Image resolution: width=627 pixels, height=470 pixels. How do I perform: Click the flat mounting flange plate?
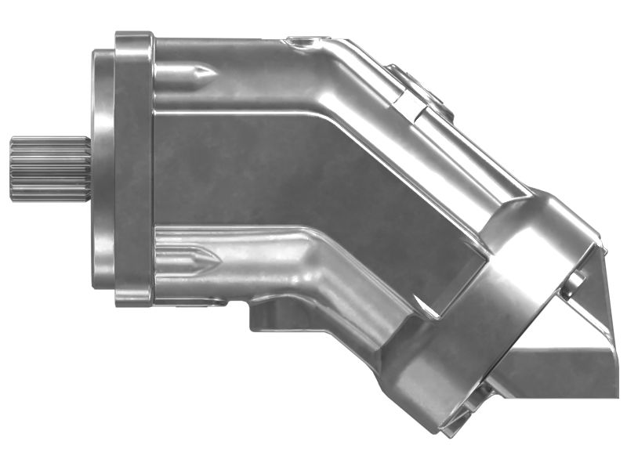[x=134, y=168]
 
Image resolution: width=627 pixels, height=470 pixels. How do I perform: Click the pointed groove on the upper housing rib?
[x=196, y=74]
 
